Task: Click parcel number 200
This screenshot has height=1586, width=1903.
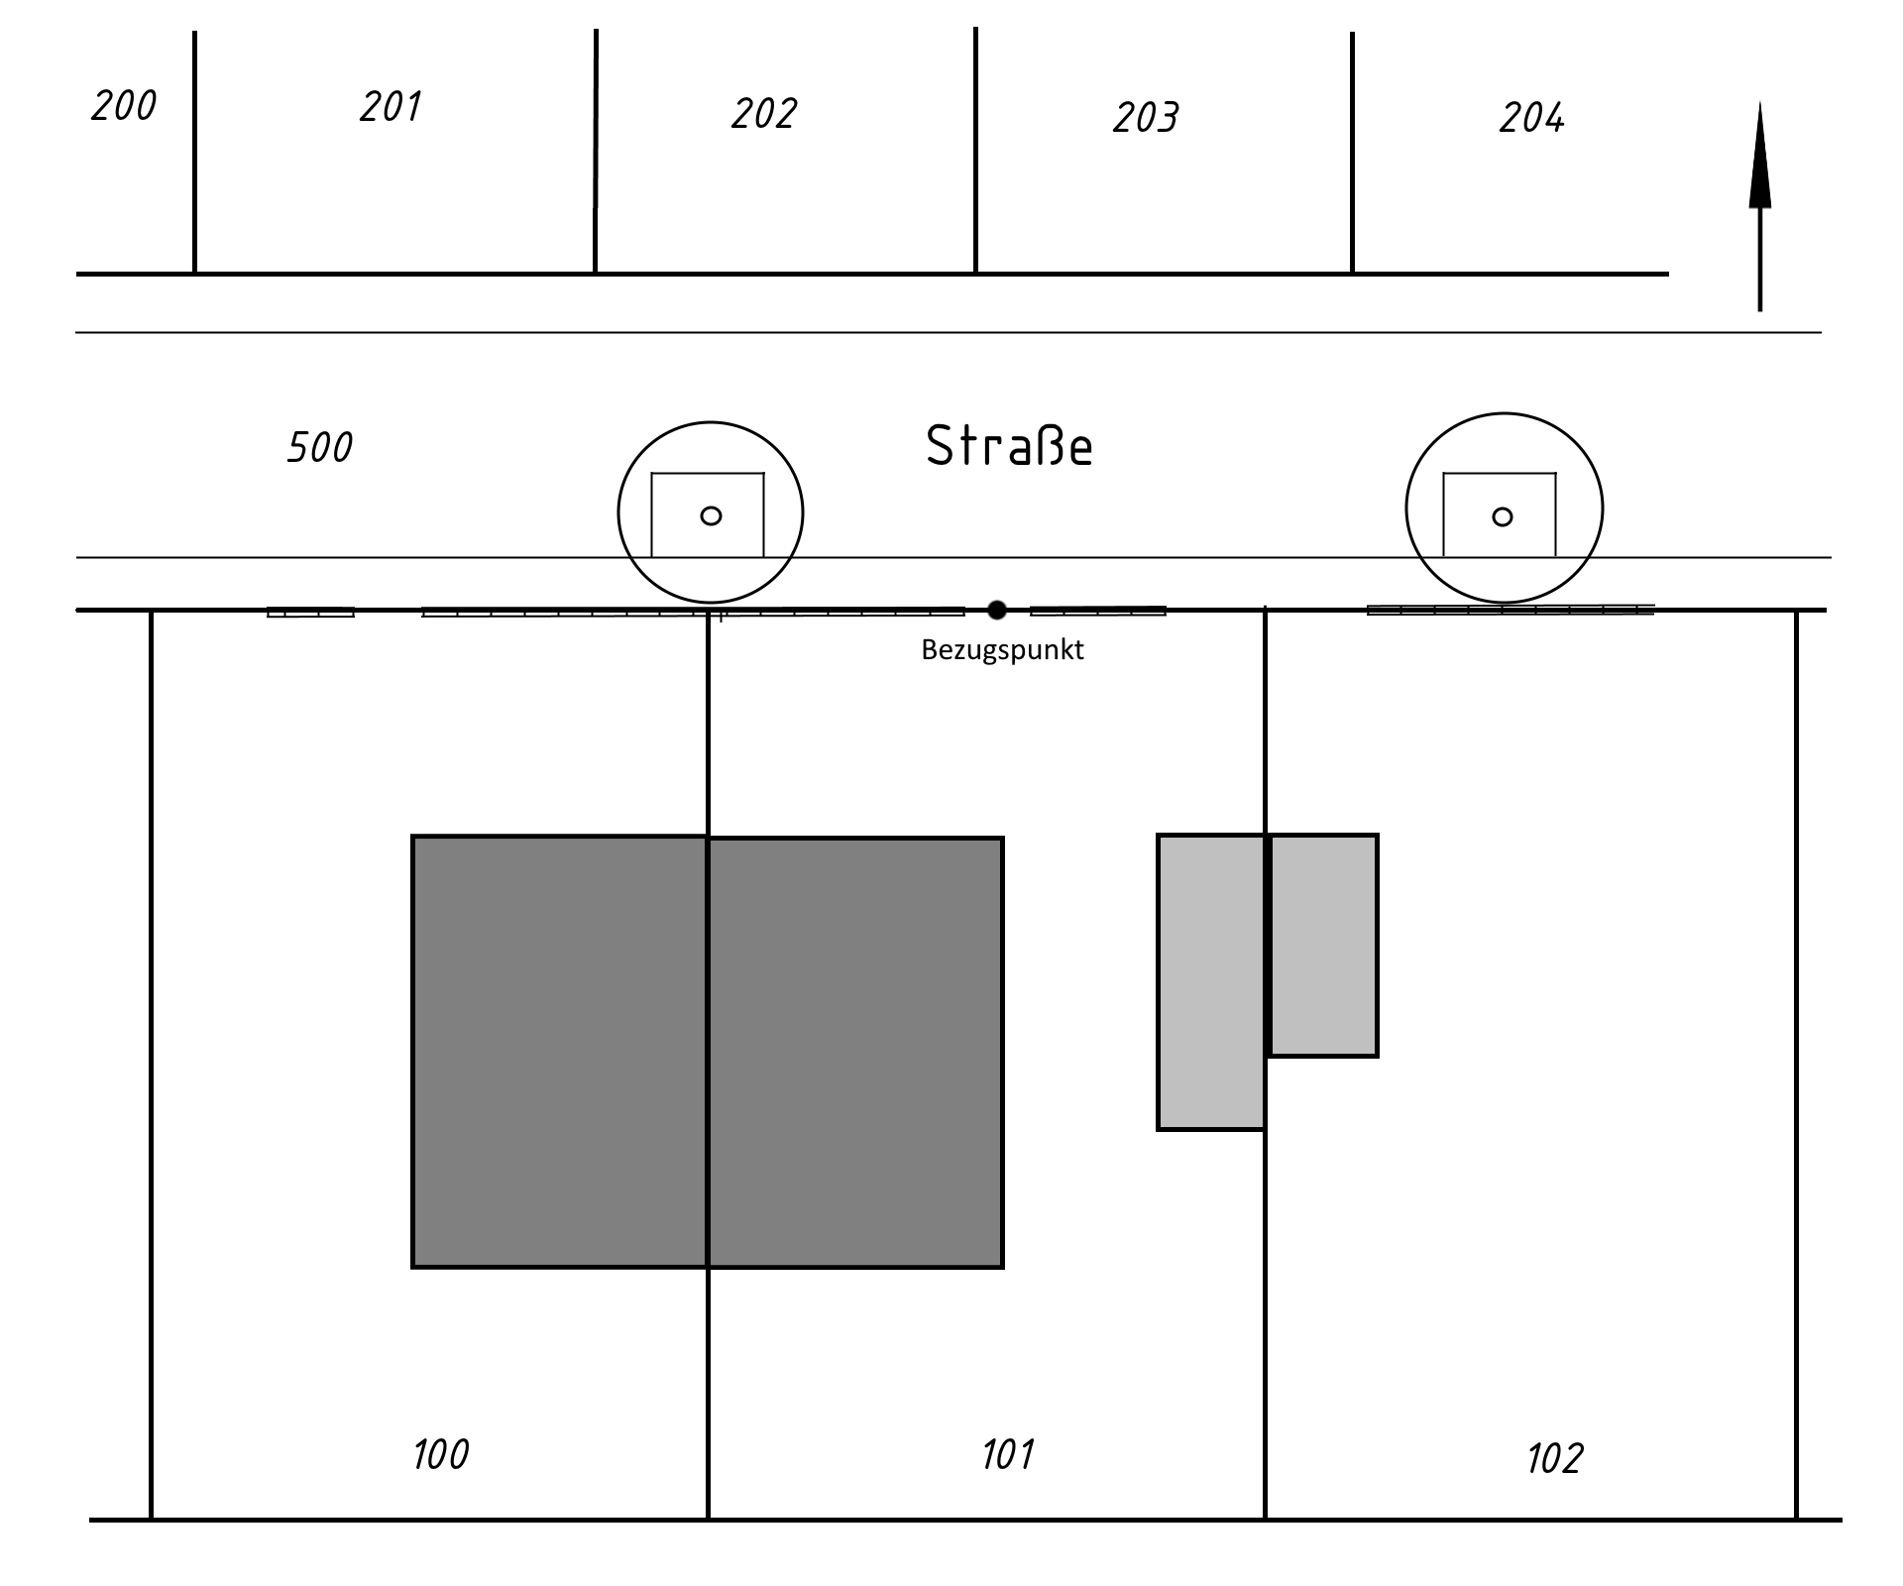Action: coord(124,105)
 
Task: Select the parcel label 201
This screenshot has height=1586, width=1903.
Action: coord(391,106)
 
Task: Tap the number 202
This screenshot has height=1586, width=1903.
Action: coord(764,114)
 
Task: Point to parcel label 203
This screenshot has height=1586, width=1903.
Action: coord(1146,118)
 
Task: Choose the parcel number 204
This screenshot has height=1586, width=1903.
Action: coord(1531,118)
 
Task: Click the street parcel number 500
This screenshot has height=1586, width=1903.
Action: coord(319,447)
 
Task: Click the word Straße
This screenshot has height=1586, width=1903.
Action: coord(1009,446)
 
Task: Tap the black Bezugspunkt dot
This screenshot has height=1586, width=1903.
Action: coord(997,611)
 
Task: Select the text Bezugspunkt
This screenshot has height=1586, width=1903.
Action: coord(1002,650)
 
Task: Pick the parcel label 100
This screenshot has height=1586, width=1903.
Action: coord(440,1454)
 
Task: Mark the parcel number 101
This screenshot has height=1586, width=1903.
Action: coord(1008,1454)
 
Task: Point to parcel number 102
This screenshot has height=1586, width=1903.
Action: coord(1554,1458)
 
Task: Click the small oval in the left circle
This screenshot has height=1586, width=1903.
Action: coord(711,515)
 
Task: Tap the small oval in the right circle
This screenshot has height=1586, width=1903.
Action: coord(1503,516)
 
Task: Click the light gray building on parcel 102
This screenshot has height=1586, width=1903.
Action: coord(1323,946)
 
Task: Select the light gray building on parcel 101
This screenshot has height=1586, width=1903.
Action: coord(1211,982)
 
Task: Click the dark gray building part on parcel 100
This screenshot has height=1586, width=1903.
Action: coord(559,1052)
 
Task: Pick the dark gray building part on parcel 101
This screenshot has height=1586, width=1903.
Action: coord(856,1053)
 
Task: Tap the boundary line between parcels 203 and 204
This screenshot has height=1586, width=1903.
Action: coord(1352,153)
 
